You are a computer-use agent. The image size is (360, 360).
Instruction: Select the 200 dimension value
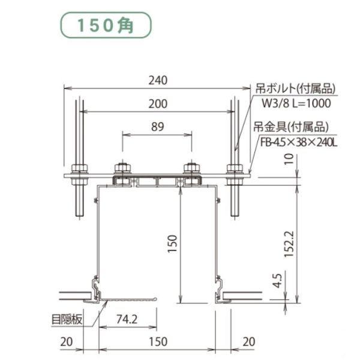[x=158, y=103]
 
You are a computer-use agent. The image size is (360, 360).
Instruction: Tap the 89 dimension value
[x=158, y=127]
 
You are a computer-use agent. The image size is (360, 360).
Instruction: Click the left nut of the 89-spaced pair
[x=122, y=168]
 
